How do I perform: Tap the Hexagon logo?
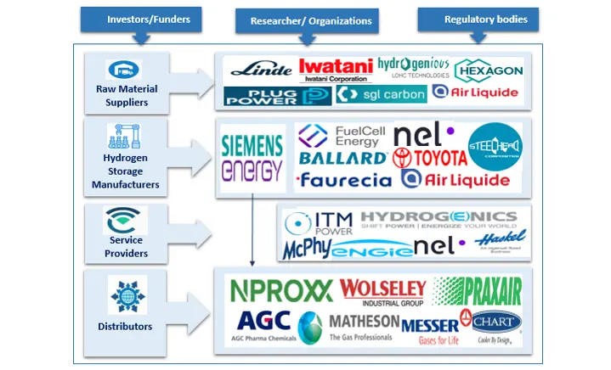[489, 70]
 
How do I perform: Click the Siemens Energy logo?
[252, 159]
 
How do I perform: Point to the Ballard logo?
[342, 158]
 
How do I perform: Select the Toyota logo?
[430, 158]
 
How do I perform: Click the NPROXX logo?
[281, 290]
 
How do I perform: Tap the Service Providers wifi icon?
[126, 221]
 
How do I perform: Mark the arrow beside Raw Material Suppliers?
[193, 84]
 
